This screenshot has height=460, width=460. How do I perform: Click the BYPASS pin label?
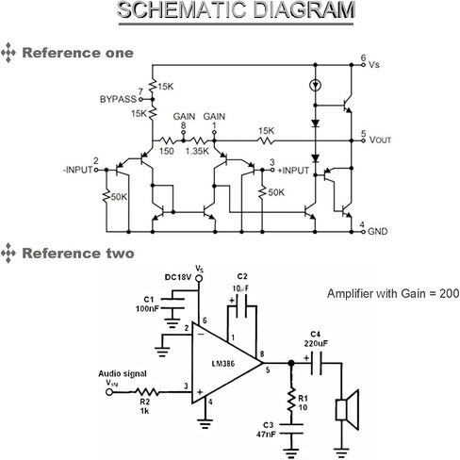(118, 99)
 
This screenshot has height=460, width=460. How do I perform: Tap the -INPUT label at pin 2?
(78, 170)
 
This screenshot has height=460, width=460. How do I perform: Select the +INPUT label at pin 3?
(293, 171)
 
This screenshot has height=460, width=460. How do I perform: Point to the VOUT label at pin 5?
(380, 140)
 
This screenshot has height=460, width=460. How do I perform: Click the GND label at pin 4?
(377, 232)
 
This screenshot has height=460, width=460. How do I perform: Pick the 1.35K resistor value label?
(197, 151)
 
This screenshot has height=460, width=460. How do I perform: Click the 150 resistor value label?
(166, 151)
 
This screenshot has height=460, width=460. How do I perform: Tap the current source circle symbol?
(315, 85)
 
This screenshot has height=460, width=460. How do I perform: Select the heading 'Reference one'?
(78, 53)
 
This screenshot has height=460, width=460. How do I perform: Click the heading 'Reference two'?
(78, 254)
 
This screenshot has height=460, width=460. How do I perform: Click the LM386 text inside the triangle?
(223, 364)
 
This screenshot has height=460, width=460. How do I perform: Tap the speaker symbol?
(347, 410)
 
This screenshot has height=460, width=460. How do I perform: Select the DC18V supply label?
(178, 277)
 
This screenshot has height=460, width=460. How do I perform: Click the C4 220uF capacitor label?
(316, 338)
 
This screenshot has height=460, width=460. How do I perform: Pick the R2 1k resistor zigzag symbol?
(147, 392)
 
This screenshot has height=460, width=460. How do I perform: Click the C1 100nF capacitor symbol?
(172, 304)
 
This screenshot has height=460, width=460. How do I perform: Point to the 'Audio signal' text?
(123, 373)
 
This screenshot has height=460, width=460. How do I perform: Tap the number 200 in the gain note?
(450, 294)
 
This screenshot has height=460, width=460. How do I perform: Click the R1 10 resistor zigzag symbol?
(291, 401)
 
